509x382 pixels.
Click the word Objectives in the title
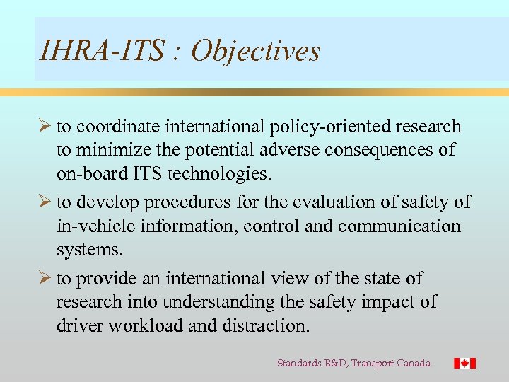pyautogui.click(x=256, y=51)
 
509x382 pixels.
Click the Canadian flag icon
pyautogui.click(x=464, y=363)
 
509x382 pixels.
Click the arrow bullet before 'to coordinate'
pyautogui.click(x=45, y=126)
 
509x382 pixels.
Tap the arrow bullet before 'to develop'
pyautogui.click(x=45, y=202)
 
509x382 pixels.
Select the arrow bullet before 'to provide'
pyautogui.click(x=45, y=278)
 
